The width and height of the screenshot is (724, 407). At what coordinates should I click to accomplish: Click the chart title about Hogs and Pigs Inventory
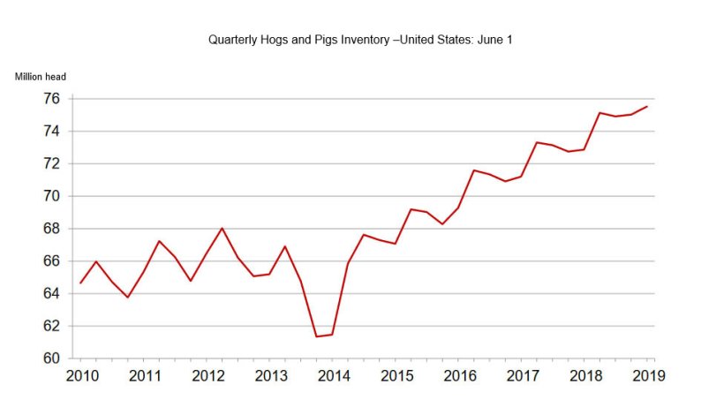pos(360,40)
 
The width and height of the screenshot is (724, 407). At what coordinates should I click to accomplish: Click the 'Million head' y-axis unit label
pos(41,77)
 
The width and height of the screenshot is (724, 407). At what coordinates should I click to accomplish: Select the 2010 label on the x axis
pos(81,375)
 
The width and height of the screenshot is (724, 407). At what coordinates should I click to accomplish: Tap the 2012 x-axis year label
pos(207,375)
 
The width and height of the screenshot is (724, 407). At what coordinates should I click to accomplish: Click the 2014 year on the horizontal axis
pos(334,375)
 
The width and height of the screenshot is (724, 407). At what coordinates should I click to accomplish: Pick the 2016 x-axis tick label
pos(459,375)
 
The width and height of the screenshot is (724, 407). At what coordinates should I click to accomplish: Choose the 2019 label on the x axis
pos(648,375)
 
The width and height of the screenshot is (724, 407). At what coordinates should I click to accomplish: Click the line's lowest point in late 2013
pos(316,336)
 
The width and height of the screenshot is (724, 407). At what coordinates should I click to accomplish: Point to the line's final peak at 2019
pos(648,107)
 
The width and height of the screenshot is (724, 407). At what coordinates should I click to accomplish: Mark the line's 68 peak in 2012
pos(222,229)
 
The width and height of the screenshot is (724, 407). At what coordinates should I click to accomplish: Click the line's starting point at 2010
pos(81,283)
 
